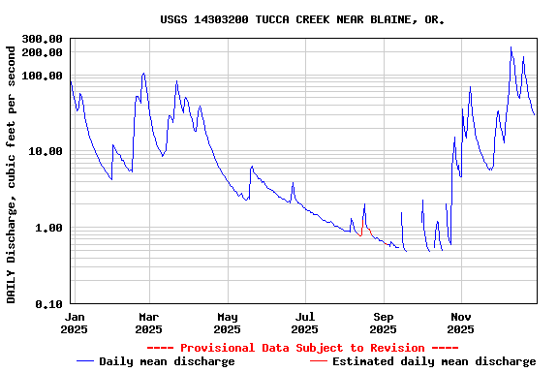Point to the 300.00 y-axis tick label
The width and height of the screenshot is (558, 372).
(x=42, y=39)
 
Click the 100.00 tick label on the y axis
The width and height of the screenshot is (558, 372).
(x=42, y=76)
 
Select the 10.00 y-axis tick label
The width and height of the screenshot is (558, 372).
(x=46, y=152)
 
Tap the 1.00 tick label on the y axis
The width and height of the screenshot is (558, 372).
(x=48, y=228)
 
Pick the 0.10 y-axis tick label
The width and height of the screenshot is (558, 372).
(x=48, y=304)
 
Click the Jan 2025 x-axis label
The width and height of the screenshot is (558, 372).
(x=75, y=323)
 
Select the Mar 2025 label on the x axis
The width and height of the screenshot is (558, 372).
(x=148, y=323)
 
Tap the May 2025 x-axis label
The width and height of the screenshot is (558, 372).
(x=228, y=323)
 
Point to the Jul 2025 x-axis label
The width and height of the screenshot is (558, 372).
(x=305, y=323)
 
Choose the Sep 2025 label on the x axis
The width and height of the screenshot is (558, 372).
(x=384, y=323)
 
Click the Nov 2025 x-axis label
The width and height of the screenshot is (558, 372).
(x=461, y=323)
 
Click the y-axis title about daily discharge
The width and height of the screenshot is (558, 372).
(x=12, y=171)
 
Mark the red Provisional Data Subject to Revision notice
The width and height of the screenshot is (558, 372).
(x=303, y=348)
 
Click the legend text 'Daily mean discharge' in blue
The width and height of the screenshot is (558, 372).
(x=167, y=361)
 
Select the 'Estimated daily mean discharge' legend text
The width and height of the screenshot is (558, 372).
(x=434, y=361)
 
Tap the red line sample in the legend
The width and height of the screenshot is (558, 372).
(x=319, y=361)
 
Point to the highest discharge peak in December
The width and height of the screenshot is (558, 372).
(x=511, y=47)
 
